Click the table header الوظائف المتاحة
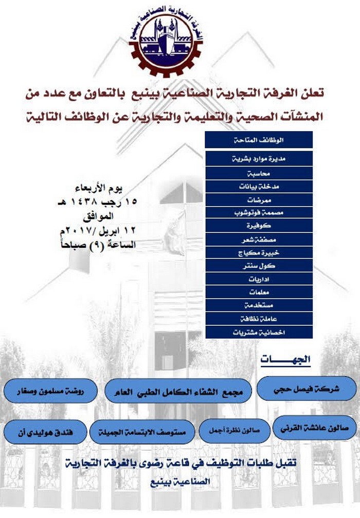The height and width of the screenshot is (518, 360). tap(259, 140)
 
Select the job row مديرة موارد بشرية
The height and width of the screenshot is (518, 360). tap(259, 159)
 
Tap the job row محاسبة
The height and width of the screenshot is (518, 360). tap(259, 173)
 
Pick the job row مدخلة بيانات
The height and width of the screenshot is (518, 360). tap(259, 186)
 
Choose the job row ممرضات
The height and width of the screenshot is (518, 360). tap(259, 199)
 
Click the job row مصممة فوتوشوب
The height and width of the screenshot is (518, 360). tap(259, 212)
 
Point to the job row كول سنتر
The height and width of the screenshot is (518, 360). tap(259, 266)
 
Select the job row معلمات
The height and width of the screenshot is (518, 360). tap(259, 292)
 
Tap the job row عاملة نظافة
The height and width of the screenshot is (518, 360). tap(259, 319)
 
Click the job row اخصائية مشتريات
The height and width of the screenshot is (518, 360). tap(259, 332)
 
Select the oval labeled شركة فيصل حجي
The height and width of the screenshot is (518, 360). tap(307, 388)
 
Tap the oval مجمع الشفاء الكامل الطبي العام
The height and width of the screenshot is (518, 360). tap(177, 391)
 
